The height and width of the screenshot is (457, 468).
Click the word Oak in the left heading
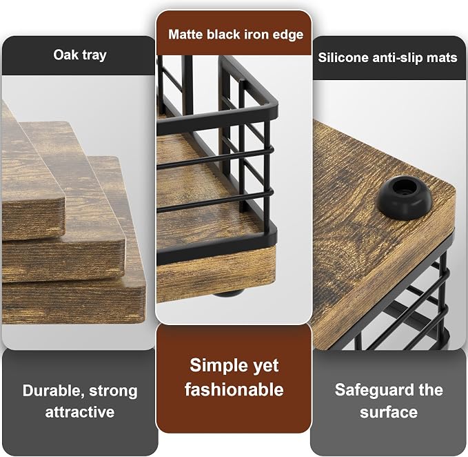pyautogui.click(x=66, y=55)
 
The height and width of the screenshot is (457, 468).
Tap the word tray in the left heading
pyautogui.click(x=94, y=56)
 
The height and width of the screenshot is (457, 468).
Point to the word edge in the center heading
pyautogui.click(x=288, y=35)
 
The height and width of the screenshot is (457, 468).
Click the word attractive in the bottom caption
pyautogui.click(x=80, y=412)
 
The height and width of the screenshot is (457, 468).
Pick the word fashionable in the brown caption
pyautogui.click(x=234, y=390)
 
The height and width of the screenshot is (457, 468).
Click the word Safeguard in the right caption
pyautogui.click(x=372, y=390)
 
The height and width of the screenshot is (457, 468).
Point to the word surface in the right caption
pyautogui.click(x=389, y=412)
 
